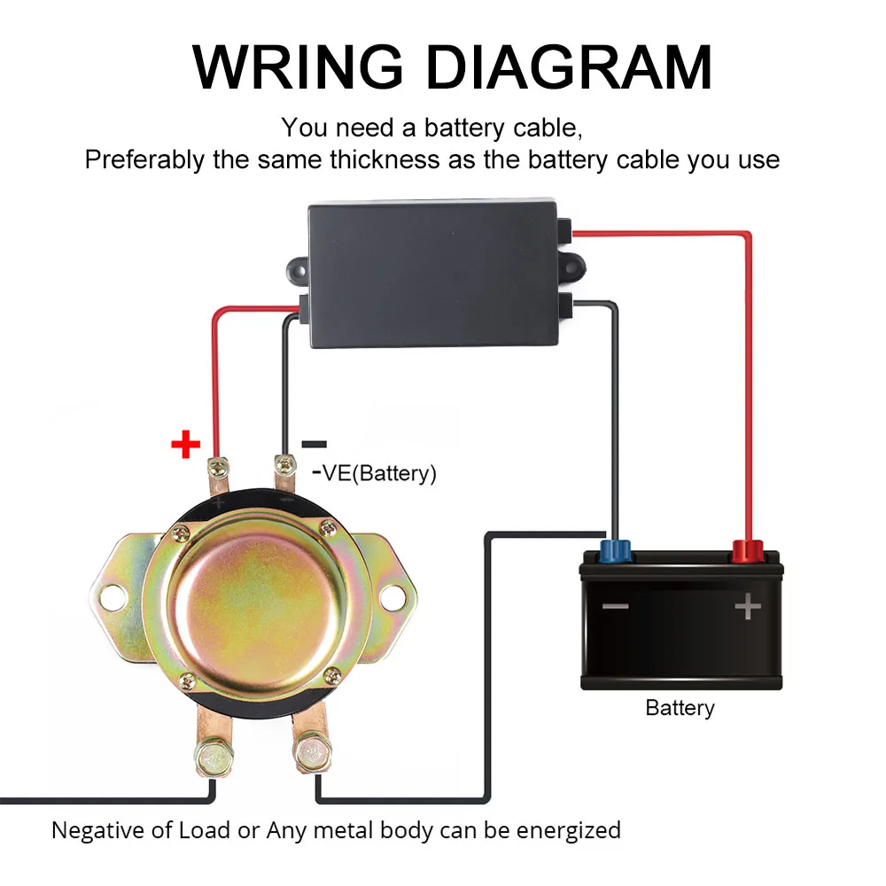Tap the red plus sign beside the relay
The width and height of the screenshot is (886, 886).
[185, 444]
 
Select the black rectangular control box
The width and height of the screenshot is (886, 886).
[433, 274]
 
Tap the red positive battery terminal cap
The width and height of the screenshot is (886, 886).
[748, 551]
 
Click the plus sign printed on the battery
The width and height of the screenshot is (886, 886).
[748, 607]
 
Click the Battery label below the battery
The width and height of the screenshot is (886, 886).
[680, 708]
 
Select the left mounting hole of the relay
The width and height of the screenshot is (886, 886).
[113, 596]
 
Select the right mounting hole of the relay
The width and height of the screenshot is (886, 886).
[391, 596]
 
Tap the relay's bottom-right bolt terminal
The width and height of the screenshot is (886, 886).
[311, 754]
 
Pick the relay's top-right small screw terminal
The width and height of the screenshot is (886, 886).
[284, 462]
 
